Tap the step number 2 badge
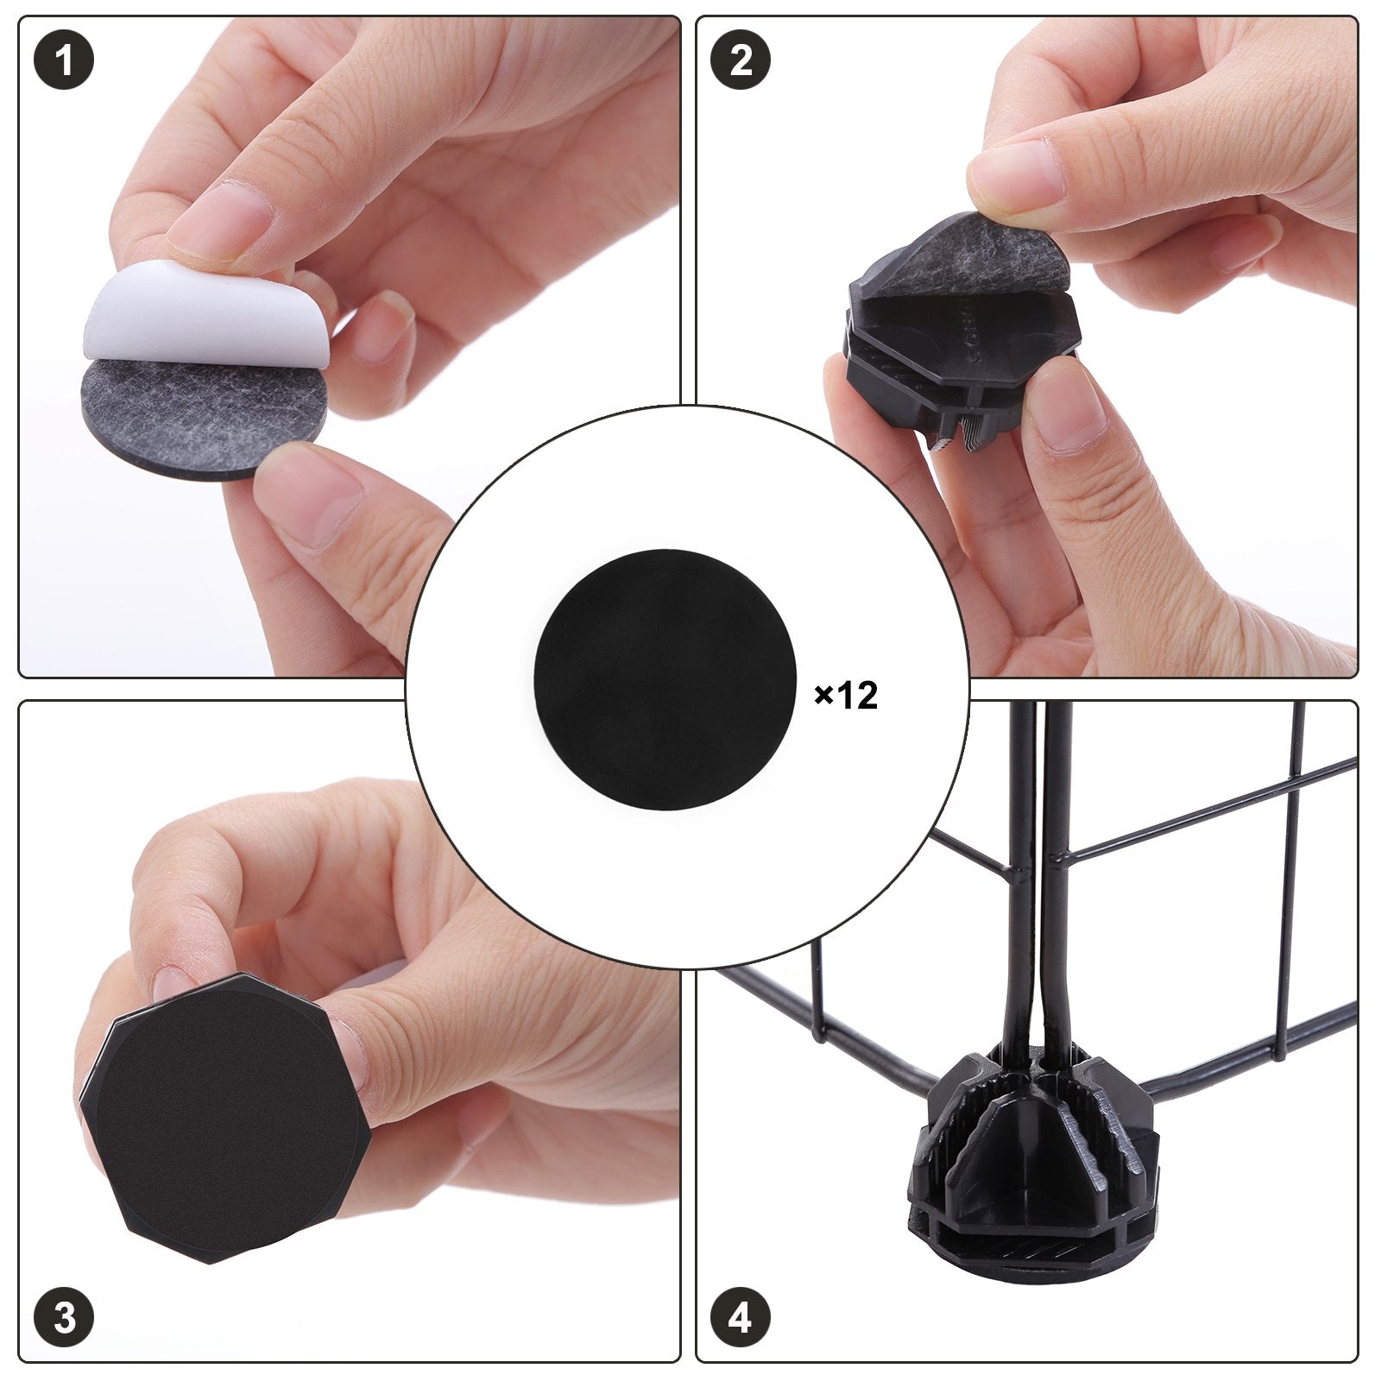click(x=741, y=62)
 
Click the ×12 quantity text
click(x=847, y=695)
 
